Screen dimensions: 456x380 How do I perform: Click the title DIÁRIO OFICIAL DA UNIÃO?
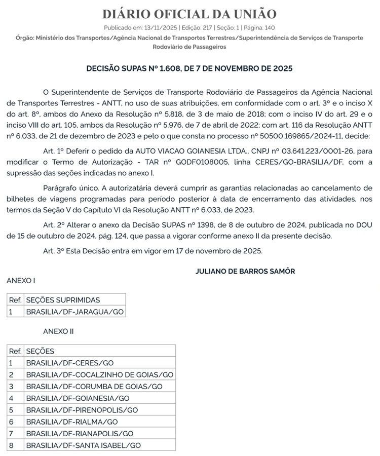pos(189,14)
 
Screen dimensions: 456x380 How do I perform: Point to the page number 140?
pos(269,28)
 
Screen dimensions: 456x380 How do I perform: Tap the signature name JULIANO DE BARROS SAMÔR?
pos(245,271)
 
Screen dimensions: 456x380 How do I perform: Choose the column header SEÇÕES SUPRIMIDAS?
pos(63,300)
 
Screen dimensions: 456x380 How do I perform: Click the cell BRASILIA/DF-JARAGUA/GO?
pos(74,312)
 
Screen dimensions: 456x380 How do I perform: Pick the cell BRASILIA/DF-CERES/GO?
pos(69,363)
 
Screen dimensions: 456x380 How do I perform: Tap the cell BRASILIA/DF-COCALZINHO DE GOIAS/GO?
pos(100,374)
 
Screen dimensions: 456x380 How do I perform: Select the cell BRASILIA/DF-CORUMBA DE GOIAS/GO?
pos(94,386)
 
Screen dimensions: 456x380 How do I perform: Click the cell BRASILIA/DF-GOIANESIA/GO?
pos(78,398)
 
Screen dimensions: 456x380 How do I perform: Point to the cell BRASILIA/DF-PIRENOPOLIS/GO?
pos(82,410)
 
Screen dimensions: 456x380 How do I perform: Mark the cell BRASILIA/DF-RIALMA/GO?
pos(71,422)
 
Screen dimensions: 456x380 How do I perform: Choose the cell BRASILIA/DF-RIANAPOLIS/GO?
pos(80,433)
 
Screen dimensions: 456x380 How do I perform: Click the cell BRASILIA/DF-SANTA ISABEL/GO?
pos(83,445)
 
